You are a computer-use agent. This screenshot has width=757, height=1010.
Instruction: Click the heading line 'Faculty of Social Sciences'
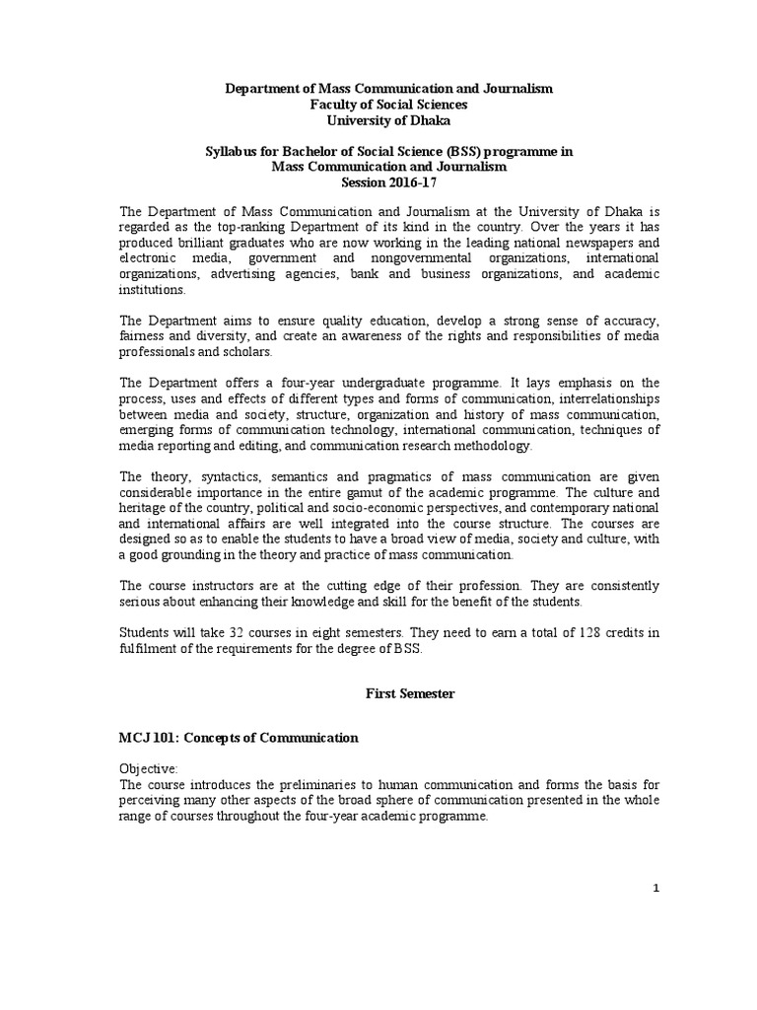[x=389, y=104]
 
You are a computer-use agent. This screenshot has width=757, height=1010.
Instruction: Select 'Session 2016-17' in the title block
[x=389, y=182]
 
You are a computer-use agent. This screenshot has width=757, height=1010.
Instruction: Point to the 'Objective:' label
[x=149, y=768]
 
